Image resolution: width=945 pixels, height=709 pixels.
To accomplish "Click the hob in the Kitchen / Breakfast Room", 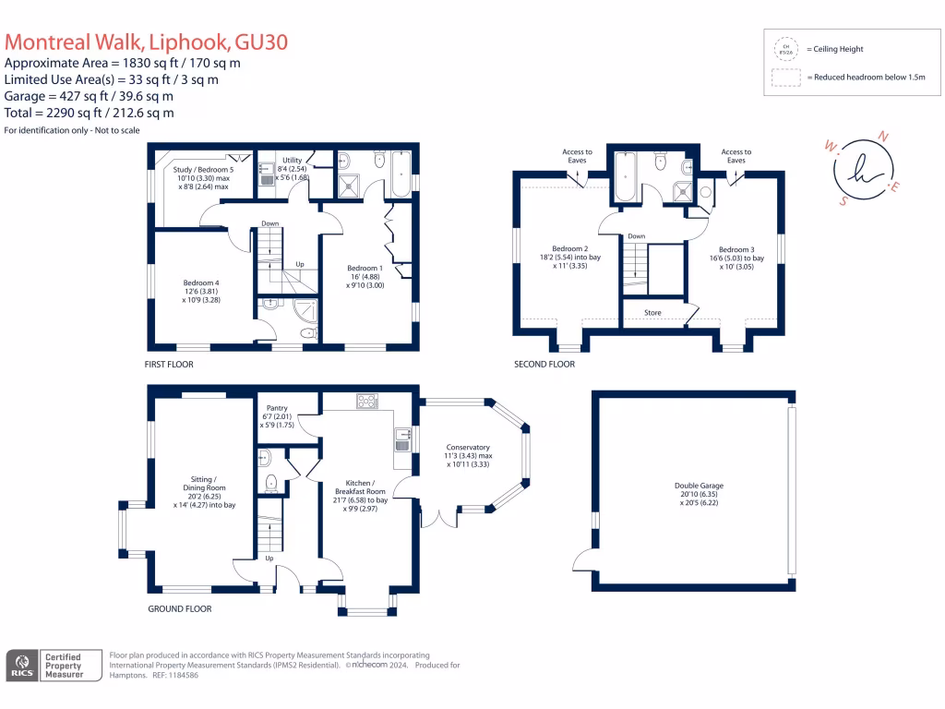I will tap(366, 402).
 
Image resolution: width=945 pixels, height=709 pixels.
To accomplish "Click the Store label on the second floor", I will tap(652, 313).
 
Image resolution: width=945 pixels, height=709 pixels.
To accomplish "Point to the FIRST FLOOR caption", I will tap(169, 365).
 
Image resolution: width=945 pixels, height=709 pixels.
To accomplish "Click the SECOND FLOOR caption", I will tap(544, 365).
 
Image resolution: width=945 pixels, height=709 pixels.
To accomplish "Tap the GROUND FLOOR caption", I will tap(180, 609).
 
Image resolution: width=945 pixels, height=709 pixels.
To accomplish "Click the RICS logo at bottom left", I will tap(21, 666).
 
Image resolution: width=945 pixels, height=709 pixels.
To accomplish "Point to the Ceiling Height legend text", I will tap(835, 49).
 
